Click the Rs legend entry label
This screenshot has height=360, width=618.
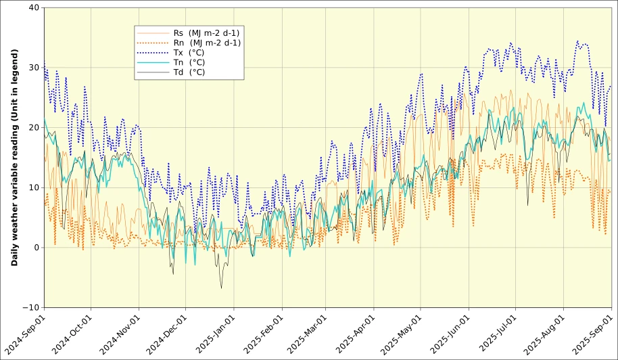point(206,32)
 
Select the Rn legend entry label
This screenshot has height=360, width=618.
point(207,43)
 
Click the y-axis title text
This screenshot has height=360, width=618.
point(14,158)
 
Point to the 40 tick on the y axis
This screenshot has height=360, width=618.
point(33,8)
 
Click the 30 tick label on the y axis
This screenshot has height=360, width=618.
point(33,68)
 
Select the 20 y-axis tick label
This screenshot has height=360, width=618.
point(33,128)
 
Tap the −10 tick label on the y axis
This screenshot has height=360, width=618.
point(30,308)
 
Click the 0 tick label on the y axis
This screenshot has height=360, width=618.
point(36,248)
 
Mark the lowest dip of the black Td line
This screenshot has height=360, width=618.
point(221,288)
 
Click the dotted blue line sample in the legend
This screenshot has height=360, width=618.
point(152,53)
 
